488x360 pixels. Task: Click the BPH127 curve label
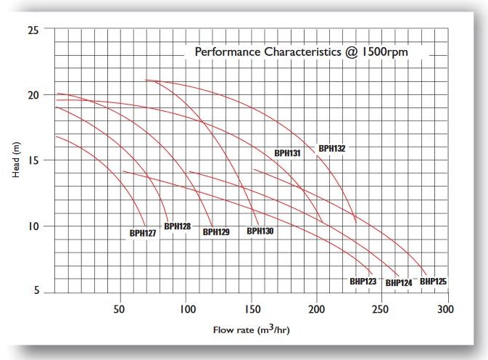tap(142, 233)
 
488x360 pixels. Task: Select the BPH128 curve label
tap(178, 226)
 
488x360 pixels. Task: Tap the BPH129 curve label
tap(216, 232)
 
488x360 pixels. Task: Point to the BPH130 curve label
tap(260, 232)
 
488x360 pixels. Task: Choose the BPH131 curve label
tap(287, 153)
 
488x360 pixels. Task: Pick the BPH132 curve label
tap(332, 148)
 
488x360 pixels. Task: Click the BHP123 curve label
tap(363, 281)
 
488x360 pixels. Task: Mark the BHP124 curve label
tap(398, 282)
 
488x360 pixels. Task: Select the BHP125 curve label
tap(433, 281)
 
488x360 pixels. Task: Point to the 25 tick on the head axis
tap(32, 30)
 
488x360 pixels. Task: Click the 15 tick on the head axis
tap(32, 160)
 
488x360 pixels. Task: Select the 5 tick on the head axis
tap(35, 292)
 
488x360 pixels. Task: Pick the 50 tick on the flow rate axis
tap(120, 309)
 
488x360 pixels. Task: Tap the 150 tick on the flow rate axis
tap(251, 309)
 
